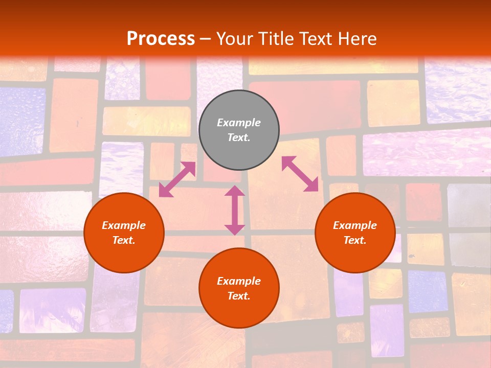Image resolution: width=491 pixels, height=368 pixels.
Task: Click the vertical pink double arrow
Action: pyautogui.click(x=235, y=211)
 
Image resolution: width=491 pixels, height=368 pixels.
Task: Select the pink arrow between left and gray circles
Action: pyautogui.click(x=177, y=179)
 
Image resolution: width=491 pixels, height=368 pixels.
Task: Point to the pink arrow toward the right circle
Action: pyautogui.click(x=300, y=174)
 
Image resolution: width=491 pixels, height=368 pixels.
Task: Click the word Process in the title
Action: pyautogui.click(x=161, y=38)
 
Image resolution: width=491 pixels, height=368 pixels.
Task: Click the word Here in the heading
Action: pyautogui.click(x=357, y=38)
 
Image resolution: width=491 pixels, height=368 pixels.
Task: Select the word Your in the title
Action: pyautogui.click(x=234, y=38)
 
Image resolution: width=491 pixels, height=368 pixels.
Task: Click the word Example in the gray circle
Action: pyautogui.click(x=239, y=123)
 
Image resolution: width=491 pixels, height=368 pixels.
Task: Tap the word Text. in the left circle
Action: pyautogui.click(x=124, y=240)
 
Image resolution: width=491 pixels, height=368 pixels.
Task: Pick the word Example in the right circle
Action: pyautogui.click(x=355, y=225)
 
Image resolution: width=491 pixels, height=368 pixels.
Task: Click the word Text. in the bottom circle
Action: pyautogui.click(x=239, y=296)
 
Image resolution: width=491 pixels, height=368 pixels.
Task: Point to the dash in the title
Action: pyautogui.click(x=205, y=39)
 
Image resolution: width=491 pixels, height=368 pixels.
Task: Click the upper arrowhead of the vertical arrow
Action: pyautogui.click(x=235, y=191)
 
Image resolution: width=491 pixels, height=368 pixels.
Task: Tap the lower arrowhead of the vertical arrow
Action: pyautogui.click(x=235, y=229)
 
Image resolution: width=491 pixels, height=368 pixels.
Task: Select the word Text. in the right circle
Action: pyautogui.click(x=355, y=240)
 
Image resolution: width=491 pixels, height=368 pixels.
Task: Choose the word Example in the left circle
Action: pyautogui.click(x=124, y=225)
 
